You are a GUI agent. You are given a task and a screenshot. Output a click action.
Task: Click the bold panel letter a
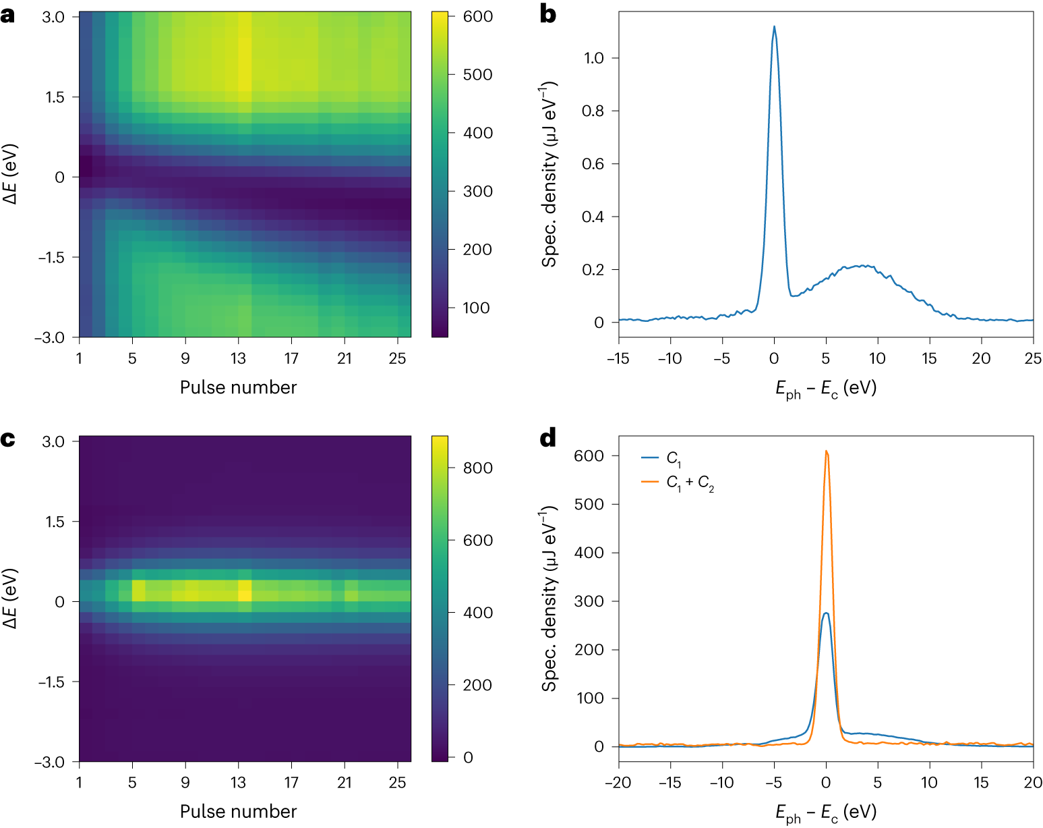click(x=8, y=15)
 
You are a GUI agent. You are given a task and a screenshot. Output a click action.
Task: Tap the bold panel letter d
click(x=548, y=439)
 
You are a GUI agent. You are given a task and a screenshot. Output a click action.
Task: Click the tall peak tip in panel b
click(x=774, y=27)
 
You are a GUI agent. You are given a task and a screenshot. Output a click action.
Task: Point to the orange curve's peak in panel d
click(x=826, y=451)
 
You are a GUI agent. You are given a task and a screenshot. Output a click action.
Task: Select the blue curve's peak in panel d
click(x=826, y=613)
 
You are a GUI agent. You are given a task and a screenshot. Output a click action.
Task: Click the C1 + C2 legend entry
click(x=690, y=482)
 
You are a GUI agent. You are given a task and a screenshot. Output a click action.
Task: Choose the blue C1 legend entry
click(x=674, y=458)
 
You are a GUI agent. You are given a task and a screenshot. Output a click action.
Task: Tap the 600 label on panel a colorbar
click(x=477, y=16)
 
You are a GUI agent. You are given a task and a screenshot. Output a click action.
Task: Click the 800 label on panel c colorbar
click(x=477, y=468)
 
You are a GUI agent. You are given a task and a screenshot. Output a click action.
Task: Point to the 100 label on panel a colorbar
click(x=476, y=308)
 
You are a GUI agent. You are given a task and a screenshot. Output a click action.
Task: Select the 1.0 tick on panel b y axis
click(x=593, y=58)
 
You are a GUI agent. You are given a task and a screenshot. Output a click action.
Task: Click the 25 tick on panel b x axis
click(x=1033, y=358)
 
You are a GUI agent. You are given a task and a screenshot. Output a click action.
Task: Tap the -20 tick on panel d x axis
click(x=618, y=782)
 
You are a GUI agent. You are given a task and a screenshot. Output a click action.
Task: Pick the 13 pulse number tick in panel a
click(x=238, y=358)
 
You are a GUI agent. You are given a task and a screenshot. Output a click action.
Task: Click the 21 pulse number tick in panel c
click(x=345, y=782)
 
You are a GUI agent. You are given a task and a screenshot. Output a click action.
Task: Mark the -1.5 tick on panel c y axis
click(x=51, y=682)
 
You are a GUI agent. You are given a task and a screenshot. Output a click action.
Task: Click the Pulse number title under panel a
click(x=238, y=387)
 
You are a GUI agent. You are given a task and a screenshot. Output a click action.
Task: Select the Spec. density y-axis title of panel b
click(x=549, y=174)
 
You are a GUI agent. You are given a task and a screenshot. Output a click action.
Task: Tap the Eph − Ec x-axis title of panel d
click(x=826, y=812)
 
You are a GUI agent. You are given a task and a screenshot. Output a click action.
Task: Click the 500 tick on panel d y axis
click(x=589, y=504)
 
